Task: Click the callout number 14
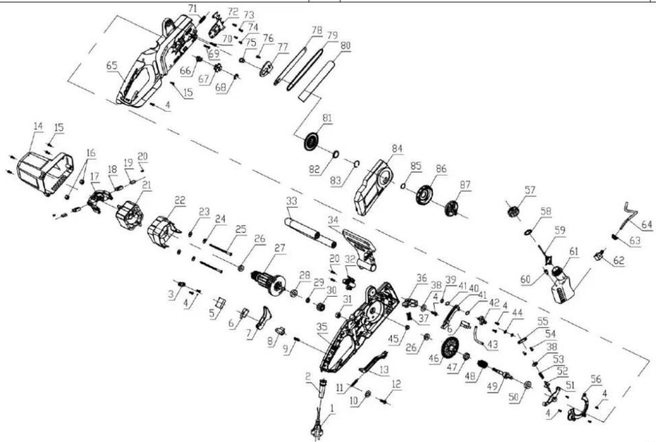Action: point(38,126)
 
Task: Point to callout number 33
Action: point(292,201)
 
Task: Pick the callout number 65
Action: point(112,65)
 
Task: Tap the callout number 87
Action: point(465,185)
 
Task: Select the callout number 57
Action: point(530,190)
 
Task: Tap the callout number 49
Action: point(492,386)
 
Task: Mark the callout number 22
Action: point(180,201)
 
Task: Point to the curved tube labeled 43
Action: point(479,337)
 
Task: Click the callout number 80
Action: point(345,46)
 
